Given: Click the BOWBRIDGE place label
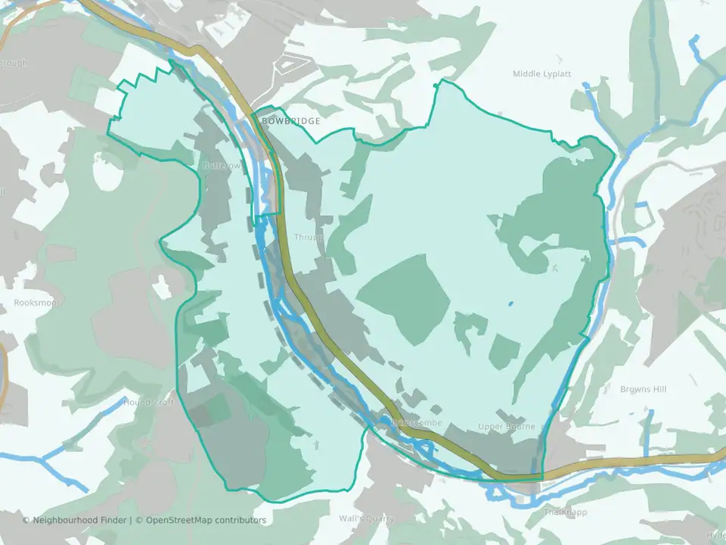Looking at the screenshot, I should coord(290,121).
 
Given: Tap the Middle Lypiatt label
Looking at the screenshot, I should coord(541,74).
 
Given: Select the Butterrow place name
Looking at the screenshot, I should coord(221,165).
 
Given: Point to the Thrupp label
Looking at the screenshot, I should coord(309,237).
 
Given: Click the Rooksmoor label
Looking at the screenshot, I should coord(37,303).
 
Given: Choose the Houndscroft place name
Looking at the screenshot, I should coord(148,402).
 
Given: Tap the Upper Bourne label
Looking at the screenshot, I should coord(506,427).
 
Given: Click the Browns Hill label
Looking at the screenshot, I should coord(643,389).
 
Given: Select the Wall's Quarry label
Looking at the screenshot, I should coord(366,519).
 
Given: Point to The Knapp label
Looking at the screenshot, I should coord(565,512).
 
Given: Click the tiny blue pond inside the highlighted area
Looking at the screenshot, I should coord(510,304).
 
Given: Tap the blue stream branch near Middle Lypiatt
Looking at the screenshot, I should coord(597,114).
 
